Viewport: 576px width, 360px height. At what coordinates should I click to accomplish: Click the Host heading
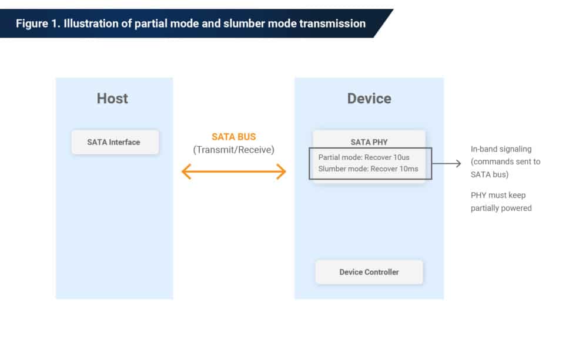[112, 98]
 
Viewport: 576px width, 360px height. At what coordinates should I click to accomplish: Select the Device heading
[369, 98]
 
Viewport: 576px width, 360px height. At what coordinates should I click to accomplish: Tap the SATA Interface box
[114, 142]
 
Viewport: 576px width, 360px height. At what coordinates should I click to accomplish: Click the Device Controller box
[369, 272]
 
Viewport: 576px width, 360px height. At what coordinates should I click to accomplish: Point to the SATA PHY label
[369, 142]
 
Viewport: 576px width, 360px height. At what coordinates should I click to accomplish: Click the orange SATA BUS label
[234, 137]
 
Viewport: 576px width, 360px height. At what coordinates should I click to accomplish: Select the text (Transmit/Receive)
[234, 150]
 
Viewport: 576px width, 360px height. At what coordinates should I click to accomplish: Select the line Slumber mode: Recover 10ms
[369, 169]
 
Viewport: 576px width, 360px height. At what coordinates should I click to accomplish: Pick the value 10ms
[409, 169]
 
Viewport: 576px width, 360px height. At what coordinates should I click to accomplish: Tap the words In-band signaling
[501, 149]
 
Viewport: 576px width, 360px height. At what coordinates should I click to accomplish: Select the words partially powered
[501, 208]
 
